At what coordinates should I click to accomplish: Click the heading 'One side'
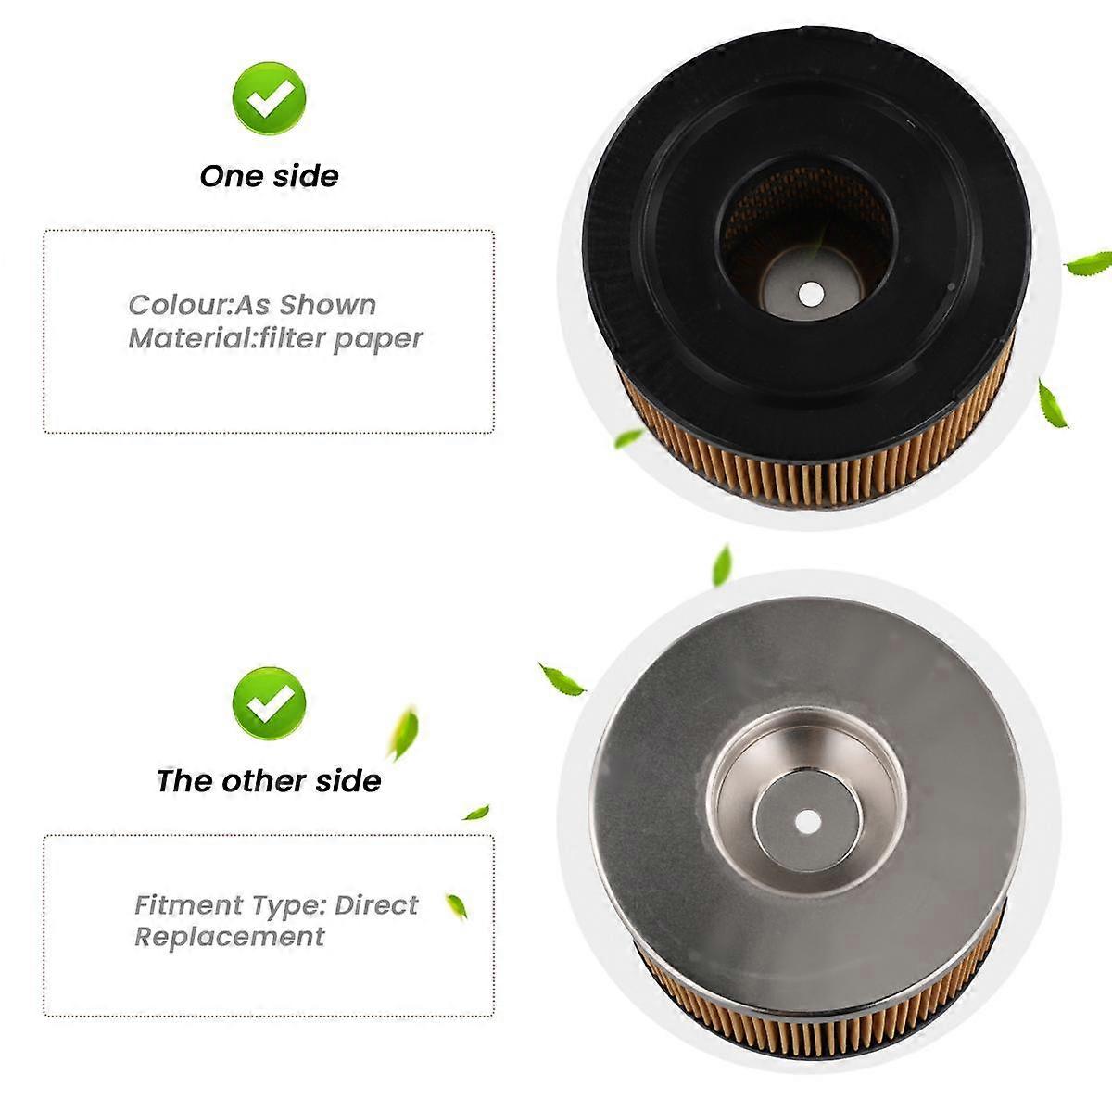coord(269,176)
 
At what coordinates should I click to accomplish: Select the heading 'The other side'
coord(269,781)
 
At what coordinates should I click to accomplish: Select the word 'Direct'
coord(376,904)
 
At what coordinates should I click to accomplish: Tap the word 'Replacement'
coord(230,937)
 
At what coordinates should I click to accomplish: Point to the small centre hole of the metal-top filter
coord(807,821)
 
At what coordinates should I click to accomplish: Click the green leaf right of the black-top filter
coord(1089,263)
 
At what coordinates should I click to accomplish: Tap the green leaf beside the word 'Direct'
coord(456,905)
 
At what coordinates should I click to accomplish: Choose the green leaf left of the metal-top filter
coord(562,679)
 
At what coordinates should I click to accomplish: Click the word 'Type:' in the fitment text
coord(301,904)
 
